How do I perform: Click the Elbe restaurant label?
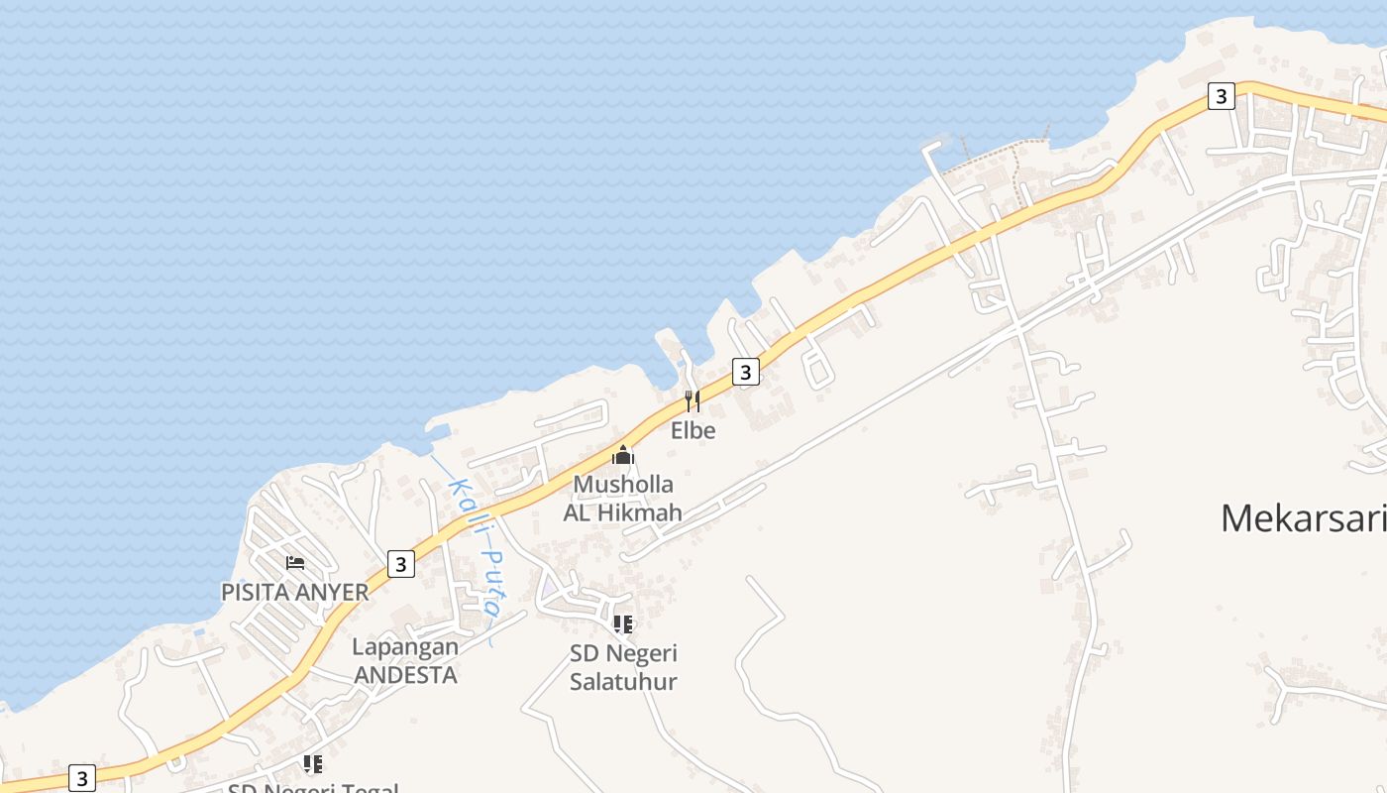[693, 431]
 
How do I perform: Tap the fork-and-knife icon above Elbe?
[693, 401]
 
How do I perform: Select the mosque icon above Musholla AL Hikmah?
[623, 455]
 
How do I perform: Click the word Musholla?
[623, 485]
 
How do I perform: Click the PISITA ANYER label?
[294, 593]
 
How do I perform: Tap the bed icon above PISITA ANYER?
[294, 563]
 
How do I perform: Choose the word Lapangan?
[405, 647]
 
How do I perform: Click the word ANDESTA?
[405, 675]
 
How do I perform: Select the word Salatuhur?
[623, 681]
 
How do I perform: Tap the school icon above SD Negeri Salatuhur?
[622, 624]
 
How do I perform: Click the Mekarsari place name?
[1302, 518]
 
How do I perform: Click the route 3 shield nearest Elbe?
[745, 372]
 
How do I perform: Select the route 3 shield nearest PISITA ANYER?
[400, 564]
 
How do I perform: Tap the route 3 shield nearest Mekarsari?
[1221, 96]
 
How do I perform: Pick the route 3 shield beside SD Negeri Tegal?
[81, 778]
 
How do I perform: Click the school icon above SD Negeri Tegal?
[313, 764]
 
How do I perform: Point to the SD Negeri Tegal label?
[313, 788]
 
